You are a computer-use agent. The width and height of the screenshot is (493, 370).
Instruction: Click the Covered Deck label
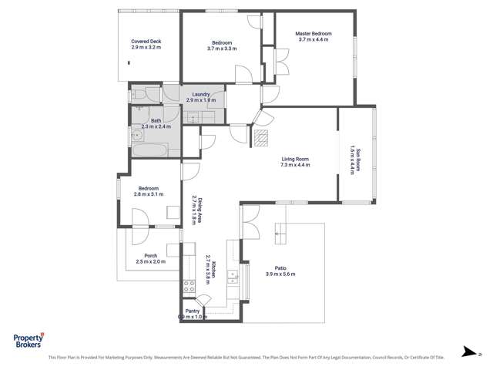[x=146, y=42]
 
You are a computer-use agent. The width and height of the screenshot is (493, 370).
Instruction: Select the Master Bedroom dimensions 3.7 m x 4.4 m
[x=314, y=39]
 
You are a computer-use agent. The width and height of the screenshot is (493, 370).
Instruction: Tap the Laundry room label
[x=201, y=95]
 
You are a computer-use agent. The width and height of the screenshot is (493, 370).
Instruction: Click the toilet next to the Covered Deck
[x=136, y=96]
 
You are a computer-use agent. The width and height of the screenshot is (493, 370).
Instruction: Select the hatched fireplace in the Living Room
[x=262, y=137]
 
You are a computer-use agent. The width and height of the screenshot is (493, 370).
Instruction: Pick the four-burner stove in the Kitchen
[x=188, y=288]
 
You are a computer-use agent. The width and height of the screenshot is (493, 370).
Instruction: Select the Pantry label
[x=192, y=311]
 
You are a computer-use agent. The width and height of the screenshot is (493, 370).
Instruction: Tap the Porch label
[x=151, y=256]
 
